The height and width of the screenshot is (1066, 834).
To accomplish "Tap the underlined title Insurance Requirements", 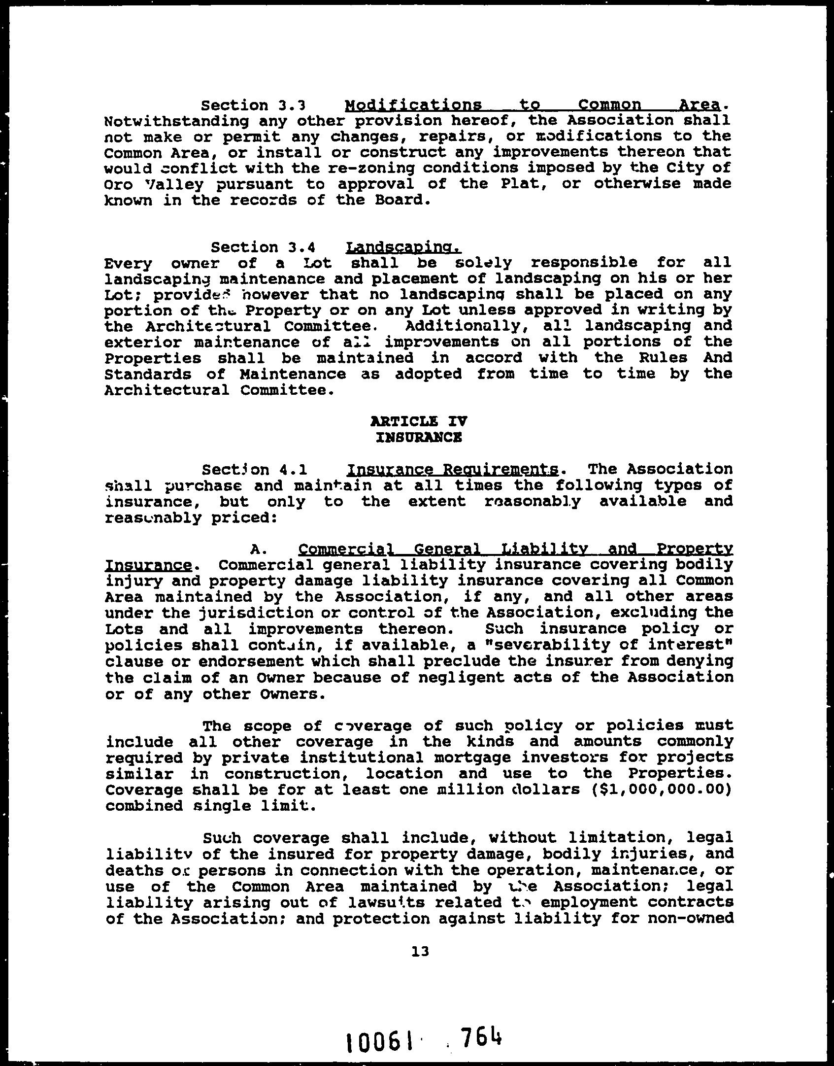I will click(453, 469).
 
